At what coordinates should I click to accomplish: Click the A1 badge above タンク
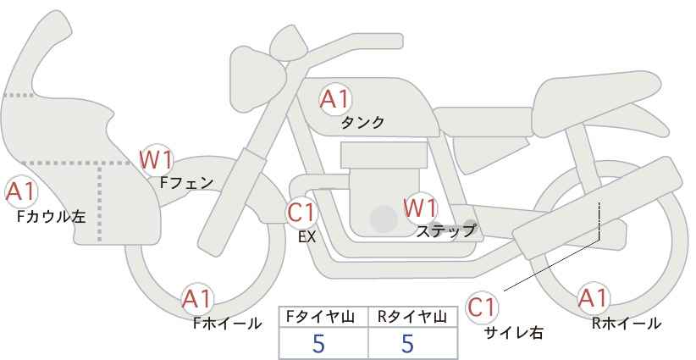334,100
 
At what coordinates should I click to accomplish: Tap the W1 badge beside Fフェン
157,158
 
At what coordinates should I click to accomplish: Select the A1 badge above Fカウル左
20,192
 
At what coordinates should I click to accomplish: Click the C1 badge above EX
301,212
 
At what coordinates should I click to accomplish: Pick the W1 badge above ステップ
420,207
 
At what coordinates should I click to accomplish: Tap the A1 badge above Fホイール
198,299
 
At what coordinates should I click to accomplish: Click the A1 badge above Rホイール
594,299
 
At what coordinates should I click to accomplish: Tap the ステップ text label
446,230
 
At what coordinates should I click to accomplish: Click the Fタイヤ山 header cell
323,317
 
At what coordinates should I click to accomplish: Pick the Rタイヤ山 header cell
412,317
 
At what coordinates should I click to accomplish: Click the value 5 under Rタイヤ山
408,344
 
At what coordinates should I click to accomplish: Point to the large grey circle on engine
384,219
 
